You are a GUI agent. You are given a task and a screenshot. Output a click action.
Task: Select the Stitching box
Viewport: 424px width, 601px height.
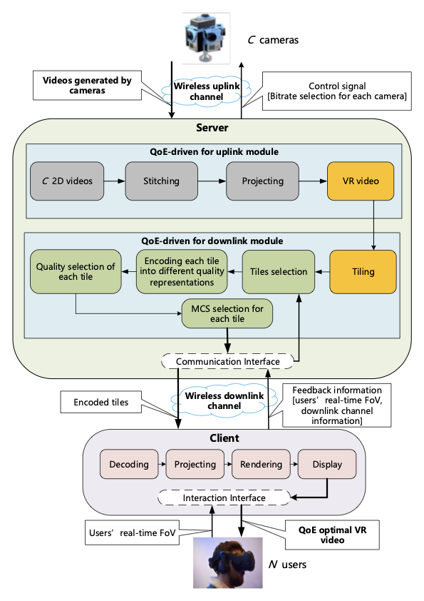161,181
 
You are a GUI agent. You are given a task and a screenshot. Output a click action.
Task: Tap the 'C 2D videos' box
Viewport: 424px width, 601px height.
66,181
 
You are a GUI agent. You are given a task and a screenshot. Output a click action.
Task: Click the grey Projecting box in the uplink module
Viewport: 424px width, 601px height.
262,181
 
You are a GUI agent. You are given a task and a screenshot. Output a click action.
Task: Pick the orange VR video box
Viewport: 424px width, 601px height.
362,181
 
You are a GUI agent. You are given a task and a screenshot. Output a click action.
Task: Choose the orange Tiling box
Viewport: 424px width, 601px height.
362,272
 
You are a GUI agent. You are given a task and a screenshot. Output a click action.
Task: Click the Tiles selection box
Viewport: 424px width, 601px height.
278,272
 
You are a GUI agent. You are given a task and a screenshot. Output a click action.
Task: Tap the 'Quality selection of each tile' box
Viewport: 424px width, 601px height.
76,272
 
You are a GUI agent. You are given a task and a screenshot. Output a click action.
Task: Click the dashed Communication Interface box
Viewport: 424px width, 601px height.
227,362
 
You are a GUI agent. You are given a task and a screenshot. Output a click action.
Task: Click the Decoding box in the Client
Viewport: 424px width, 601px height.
129,465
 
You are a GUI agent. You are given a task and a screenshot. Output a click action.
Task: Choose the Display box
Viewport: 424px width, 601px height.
326,465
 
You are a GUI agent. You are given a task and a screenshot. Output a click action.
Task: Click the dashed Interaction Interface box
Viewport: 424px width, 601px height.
224,498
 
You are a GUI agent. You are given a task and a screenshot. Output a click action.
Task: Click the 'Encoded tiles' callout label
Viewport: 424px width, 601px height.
101,403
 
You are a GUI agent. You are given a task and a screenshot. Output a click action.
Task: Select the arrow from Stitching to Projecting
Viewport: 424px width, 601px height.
212,181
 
